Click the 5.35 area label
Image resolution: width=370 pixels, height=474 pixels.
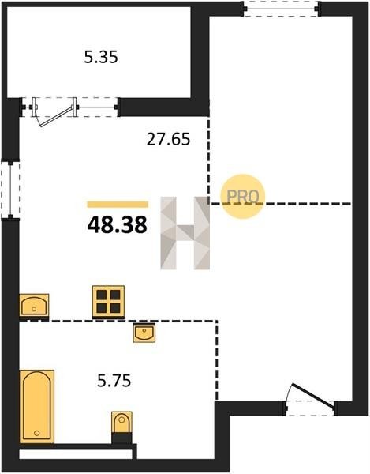(x=101, y=57)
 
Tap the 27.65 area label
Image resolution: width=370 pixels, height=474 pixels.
(x=168, y=139)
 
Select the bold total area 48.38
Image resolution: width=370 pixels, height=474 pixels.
(x=117, y=225)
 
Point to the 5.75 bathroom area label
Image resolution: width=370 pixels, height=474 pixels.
(x=114, y=381)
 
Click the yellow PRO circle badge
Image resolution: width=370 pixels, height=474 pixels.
(x=243, y=197)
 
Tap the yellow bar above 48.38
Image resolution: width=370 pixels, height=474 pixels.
(x=118, y=205)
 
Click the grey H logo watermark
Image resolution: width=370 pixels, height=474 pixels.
(x=185, y=233)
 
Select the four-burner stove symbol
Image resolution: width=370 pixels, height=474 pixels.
(x=108, y=302)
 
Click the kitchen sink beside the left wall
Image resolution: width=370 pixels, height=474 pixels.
(x=34, y=305)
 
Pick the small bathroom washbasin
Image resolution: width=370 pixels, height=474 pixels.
(x=144, y=333)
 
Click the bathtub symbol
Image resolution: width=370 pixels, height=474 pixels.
(x=37, y=406)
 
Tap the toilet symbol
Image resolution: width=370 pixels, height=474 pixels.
(x=121, y=423)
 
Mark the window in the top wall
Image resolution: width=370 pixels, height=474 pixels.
(x=281, y=9)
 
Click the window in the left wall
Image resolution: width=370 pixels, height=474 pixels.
(x=10, y=190)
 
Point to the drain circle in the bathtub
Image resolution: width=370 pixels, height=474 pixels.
(x=37, y=433)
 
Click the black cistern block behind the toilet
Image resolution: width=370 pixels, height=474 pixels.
(x=121, y=438)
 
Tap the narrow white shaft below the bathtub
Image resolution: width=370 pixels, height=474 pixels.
(x=76, y=454)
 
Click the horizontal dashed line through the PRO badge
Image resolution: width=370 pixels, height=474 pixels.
(x=280, y=204)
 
